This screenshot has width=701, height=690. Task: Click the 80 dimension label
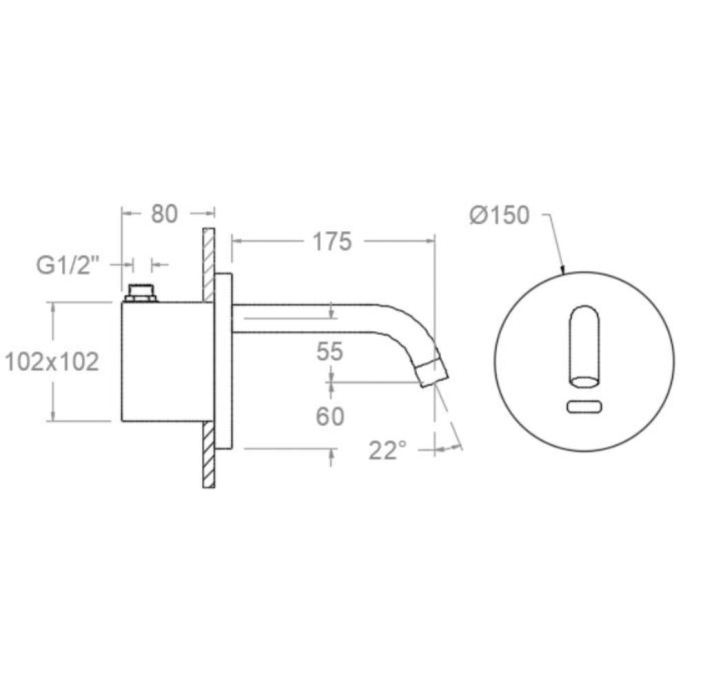coord(164,213)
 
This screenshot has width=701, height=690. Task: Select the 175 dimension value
coord(332,241)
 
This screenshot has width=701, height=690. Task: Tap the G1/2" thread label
coord(68,265)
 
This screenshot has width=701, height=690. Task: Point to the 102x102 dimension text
coord(52,362)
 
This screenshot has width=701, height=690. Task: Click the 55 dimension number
coord(330,352)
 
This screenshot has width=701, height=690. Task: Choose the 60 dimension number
coord(330,417)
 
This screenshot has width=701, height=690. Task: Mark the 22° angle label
coord(388,451)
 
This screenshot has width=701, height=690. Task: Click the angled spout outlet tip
coord(433,372)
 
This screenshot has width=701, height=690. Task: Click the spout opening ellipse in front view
coord(584,380)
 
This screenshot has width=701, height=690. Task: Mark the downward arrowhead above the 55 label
coord(332,313)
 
